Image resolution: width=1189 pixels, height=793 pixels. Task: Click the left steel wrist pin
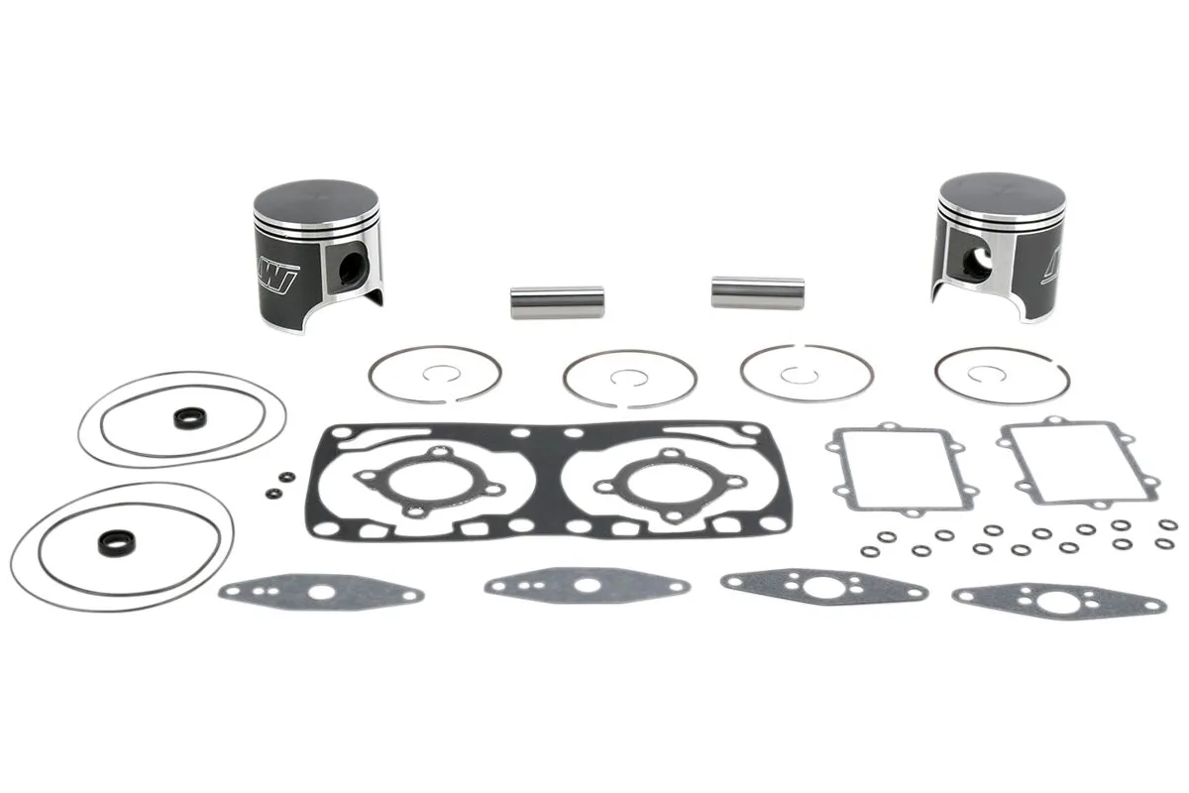pyautogui.click(x=557, y=301)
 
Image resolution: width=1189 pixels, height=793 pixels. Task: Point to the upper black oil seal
pyautogui.click(x=186, y=418)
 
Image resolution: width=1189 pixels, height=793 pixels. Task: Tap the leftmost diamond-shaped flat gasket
pyautogui.click(x=320, y=594)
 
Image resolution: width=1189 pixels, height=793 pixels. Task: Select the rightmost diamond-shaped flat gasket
pyautogui.click(x=1058, y=600)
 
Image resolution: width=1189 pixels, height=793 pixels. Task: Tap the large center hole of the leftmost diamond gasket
pyautogui.click(x=321, y=594)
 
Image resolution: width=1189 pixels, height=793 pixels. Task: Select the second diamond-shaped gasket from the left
pyautogui.click(x=586, y=585)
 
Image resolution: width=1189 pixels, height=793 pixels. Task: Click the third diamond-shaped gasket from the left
pyautogui.click(x=823, y=587)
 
